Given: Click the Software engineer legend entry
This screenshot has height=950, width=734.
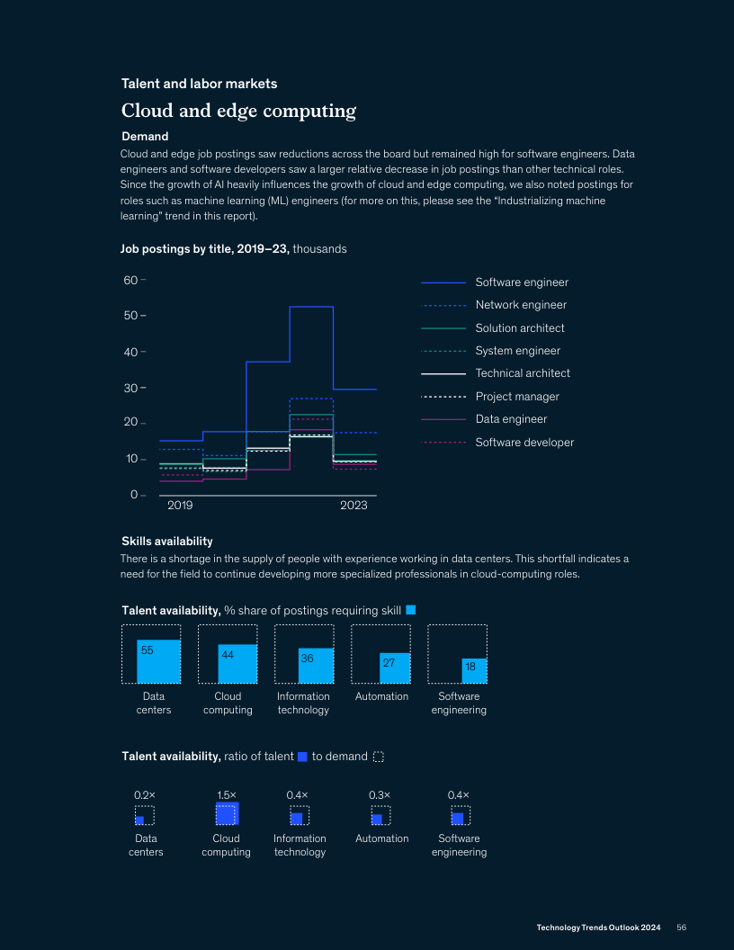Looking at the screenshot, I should (x=522, y=282).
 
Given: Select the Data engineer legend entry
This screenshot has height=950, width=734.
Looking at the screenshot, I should (x=511, y=419).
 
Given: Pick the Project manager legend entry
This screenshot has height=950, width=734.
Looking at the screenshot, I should (x=517, y=397).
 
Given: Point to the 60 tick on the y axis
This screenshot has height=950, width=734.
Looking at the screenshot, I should (x=130, y=281).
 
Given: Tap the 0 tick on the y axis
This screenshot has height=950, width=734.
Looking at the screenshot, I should (x=134, y=495).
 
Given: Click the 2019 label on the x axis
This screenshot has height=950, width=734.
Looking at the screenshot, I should (x=180, y=506).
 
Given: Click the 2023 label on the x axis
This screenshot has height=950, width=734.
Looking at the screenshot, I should (x=354, y=506).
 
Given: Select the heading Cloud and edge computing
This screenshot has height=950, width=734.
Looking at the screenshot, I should (x=238, y=112).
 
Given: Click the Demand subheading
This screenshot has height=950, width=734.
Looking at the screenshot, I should (x=145, y=137).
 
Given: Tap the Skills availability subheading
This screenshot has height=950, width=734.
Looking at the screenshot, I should (x=166, y=542).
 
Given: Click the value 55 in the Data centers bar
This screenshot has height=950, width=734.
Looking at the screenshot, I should (x=148, y=650).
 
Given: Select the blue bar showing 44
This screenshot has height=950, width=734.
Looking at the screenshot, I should (x=237, y=664).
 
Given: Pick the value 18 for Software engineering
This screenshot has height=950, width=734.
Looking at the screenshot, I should (x=470, y=667).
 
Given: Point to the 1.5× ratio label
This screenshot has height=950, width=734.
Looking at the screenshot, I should (x=227, y=795).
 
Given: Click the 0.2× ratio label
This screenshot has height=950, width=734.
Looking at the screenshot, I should (x=144, y=795).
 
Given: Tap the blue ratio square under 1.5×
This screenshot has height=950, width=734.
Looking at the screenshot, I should (x=227, y=814).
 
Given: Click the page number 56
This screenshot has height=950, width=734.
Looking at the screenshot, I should (x=682, y=928).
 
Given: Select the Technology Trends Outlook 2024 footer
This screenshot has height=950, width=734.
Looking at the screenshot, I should (x=598, y=928).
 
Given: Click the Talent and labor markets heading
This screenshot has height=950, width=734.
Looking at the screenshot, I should (x=199, y=84).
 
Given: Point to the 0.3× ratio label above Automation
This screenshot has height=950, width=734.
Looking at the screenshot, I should (x=380, y=795).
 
